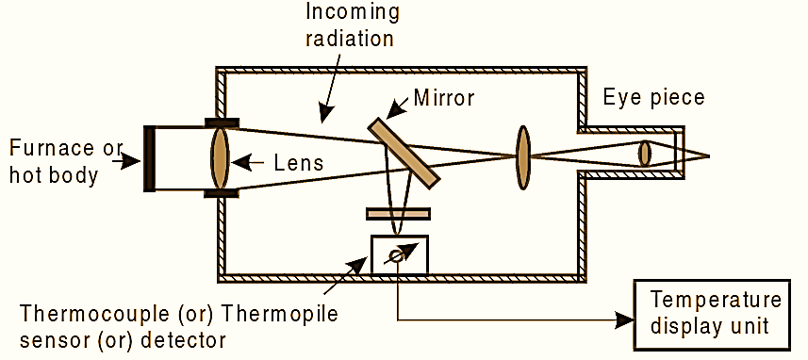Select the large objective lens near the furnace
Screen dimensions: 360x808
pyautogui.click(x=220, y=157)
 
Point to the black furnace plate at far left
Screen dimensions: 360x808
pyautogui.click(x=149, y=157)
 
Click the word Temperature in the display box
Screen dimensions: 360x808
pyautogui.click(x=716, y=301)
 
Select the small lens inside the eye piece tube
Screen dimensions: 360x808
pyautogui.click(x=645, y=154)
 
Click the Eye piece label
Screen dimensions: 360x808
pyautogui.click(x=653, y=97)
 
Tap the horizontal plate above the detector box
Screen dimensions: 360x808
pyautogui.click(x=399, y=213)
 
